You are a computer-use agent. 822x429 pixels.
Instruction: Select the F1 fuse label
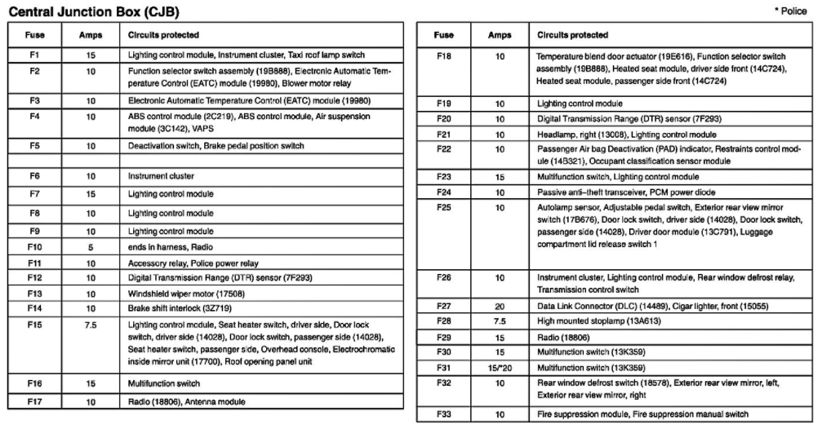(34, 55)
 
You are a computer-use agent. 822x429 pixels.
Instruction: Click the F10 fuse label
(34, 245)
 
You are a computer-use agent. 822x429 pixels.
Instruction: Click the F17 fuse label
(34, 401)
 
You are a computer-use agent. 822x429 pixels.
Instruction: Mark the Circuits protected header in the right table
(572, 36)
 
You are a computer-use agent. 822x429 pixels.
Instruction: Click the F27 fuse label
(443, 307)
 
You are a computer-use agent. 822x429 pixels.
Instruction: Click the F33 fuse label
(443, 414)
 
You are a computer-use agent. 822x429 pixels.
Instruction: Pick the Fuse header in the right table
(443, 36)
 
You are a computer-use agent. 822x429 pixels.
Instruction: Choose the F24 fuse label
(443, 192)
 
